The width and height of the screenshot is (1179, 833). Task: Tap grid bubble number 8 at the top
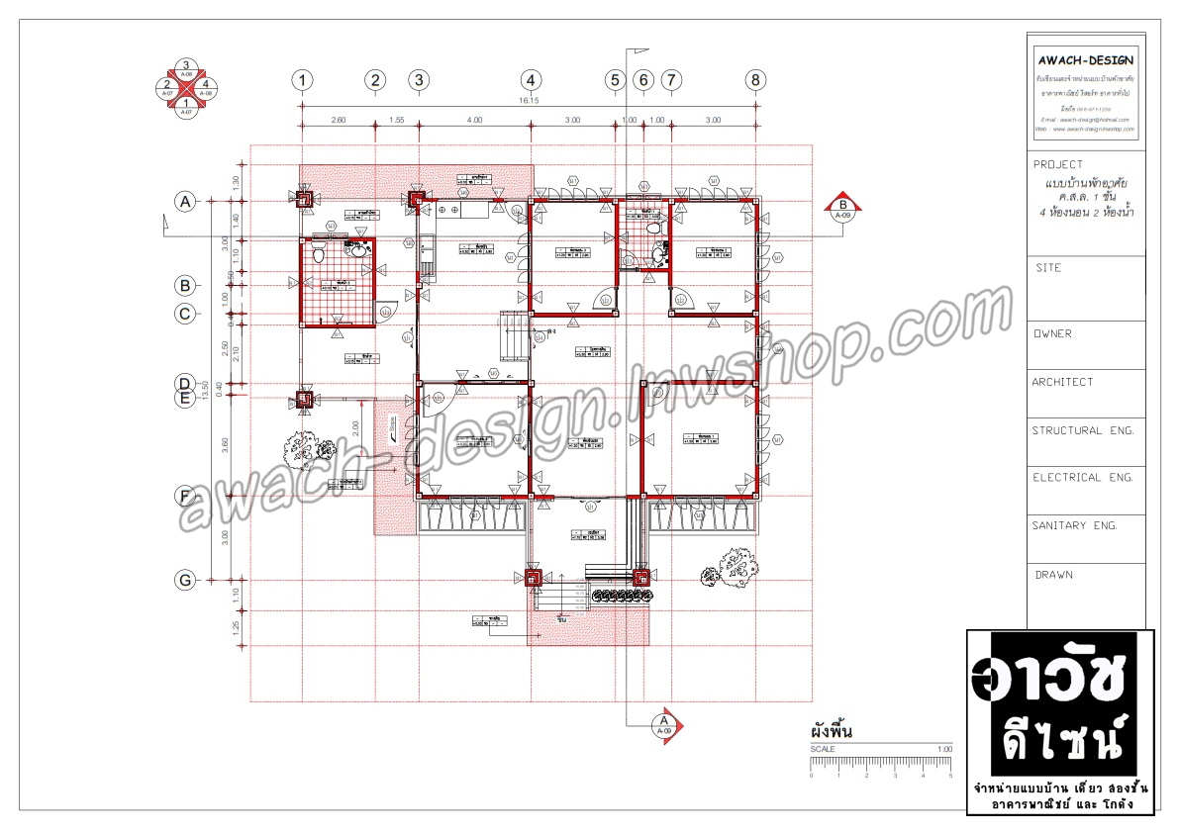click(756, 80)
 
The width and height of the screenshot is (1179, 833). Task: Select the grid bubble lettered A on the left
click(184, 202)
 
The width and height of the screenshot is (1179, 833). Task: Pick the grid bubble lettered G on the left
click(184, 581)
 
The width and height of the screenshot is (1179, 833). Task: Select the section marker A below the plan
click(662, 724)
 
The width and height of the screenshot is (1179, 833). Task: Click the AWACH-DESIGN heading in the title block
click(1086, 58)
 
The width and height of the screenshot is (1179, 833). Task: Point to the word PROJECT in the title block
click(1058, 165)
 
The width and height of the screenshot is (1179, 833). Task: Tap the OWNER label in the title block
click(1053, 334)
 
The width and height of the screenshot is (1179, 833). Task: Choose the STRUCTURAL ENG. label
click(1082, 431)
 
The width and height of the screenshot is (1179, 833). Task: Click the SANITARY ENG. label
click(1075, 526)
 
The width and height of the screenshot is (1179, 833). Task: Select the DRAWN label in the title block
click(1054, 575)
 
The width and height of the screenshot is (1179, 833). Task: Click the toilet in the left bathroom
click(319, 254)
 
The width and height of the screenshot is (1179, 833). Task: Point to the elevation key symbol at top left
click(186, 88)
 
